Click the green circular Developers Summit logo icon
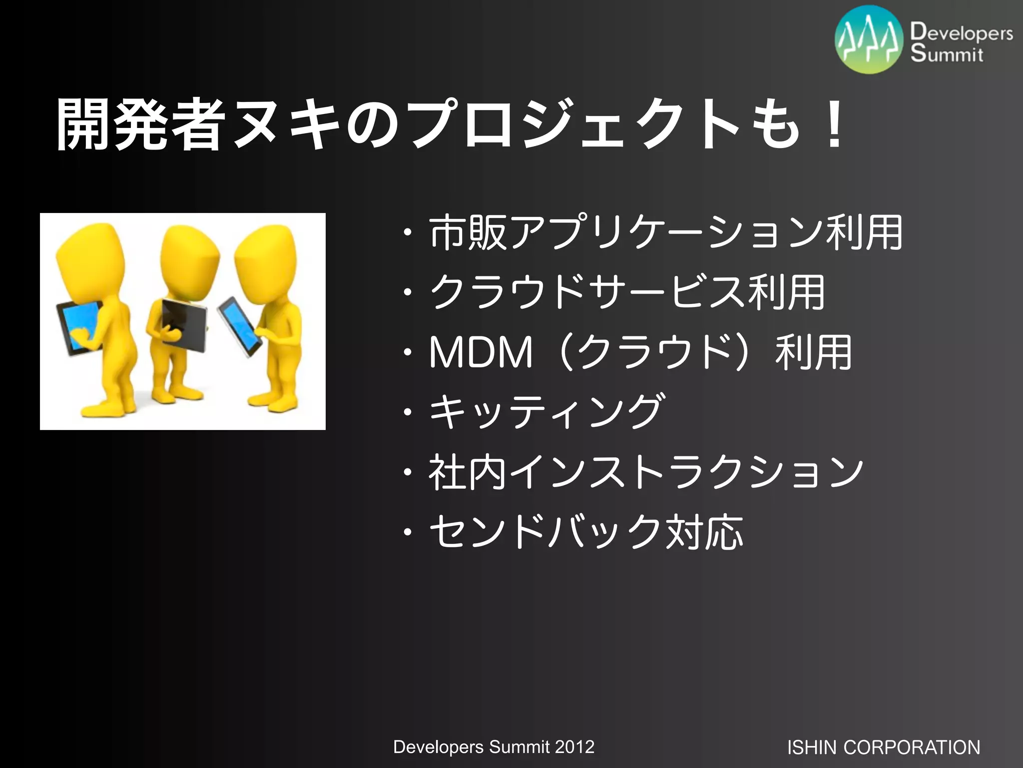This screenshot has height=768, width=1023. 869,40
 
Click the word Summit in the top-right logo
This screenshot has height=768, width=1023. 947,53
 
